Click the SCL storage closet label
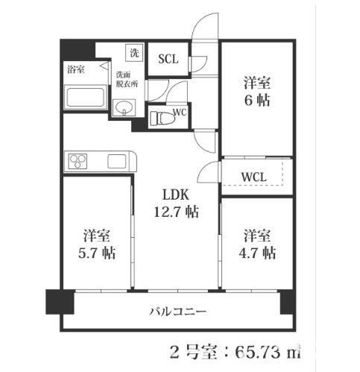pyautogui.click(x=168, y=59)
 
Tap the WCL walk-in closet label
pyautogui.click(x=253, y=177)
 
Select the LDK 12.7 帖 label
pyautogui.click(x=176, y=204)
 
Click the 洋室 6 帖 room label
pyautogui.click(x=257, y=92)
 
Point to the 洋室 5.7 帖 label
pyautogui.click(x=97, y=245)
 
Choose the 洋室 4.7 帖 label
pyautogui.click(x=257, y=245)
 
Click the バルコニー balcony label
pyautogui.click(x=177, y=312)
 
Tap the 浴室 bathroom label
pyautogui.click(x=76, y=69)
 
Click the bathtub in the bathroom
pyautogui.click(x=85, y=97)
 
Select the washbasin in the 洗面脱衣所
pyautogui.click(x=124, y=107)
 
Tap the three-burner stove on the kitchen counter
pyautogui.click(x=78, y=161)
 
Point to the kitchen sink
pyautogui.click(x=117, y=161)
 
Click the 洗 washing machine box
pyautogui.click(x=134, y=53)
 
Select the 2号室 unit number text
pyautogui.click(x=193, y=352)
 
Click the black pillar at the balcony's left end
pyautogui.click(x=60, y=302)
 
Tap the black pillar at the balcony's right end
pyautogui.click(x=286, y=303)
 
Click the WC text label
pyautogui.click(x=180, y=113)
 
